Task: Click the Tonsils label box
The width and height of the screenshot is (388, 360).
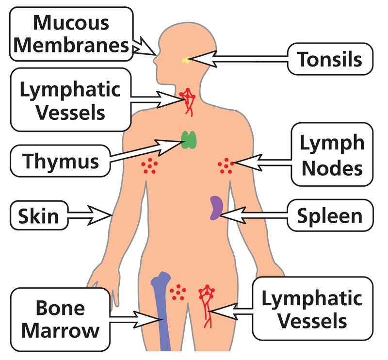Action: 330,59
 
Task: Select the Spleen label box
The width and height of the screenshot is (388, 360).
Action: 330,216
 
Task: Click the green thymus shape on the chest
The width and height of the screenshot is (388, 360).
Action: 189,139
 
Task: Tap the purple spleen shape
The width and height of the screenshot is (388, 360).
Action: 215,208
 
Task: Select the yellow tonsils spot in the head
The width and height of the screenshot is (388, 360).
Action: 186,61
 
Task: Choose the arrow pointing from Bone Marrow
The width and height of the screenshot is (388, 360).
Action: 133,318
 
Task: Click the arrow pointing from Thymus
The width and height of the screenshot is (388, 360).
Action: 145,150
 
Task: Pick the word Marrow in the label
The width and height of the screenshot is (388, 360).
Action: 60,331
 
